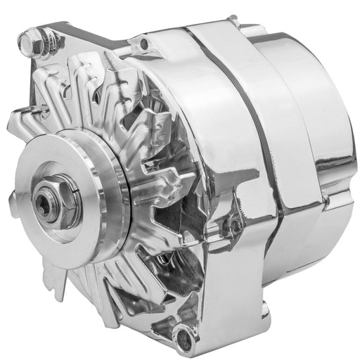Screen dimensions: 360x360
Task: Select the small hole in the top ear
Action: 145,46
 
